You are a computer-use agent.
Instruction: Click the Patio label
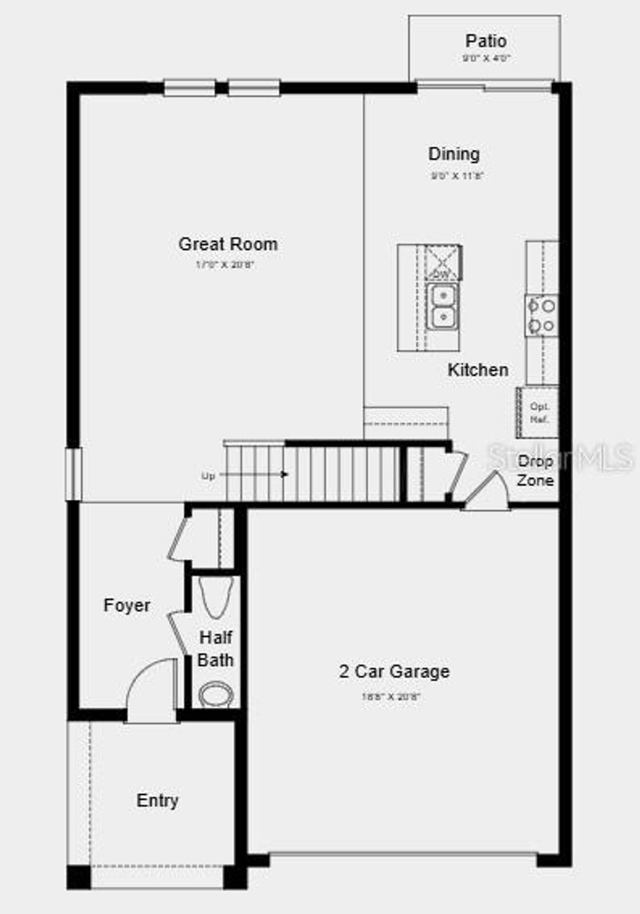coord(486,41)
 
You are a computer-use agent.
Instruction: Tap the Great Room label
coord(228,244)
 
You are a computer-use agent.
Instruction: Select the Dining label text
coord(454,154)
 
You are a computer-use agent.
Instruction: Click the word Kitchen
coord(477,369)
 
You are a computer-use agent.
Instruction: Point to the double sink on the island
coord(442,306)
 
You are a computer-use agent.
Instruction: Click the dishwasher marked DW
coord(442,262)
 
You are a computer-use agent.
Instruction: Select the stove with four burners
coord(541,316)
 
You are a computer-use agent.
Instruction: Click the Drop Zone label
coord(535,471)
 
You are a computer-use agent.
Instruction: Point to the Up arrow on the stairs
coord(253,475)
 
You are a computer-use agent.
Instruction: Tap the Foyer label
coord(127,605)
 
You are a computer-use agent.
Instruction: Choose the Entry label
coord(157,800)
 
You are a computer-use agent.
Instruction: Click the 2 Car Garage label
coord(394,671)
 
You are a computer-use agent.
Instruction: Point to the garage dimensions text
coord(391,696)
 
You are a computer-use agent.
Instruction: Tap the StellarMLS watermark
coord(559,457)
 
